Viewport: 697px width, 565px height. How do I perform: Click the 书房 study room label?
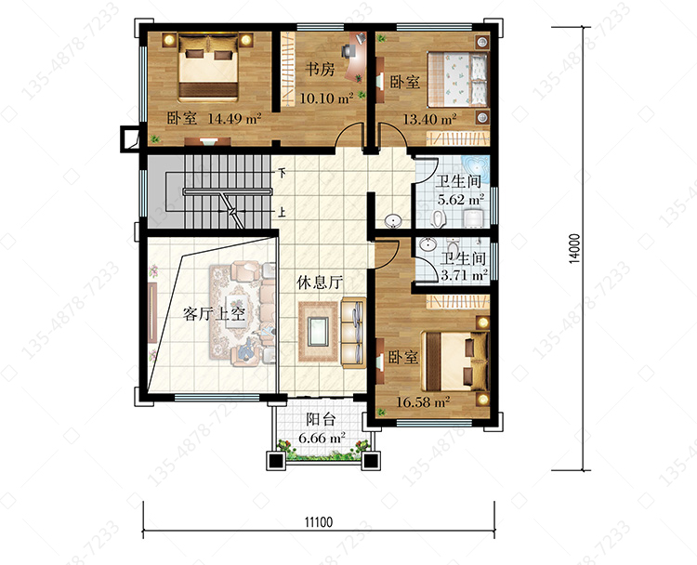pos(320,70)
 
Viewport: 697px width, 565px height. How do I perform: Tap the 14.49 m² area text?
pos(234,118)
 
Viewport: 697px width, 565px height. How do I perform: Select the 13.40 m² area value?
pos(429,119)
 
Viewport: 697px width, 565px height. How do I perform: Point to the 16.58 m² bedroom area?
pos(423,402)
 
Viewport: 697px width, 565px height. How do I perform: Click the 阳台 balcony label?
pos(321,419)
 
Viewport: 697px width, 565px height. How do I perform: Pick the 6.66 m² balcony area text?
pos(322,439)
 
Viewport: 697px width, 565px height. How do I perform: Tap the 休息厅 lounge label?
pos(320,282)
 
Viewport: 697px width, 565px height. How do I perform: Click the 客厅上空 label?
pos(214,314)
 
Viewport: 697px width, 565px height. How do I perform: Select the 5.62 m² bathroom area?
pos(461,200)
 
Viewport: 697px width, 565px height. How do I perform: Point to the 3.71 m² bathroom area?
pos(464,276)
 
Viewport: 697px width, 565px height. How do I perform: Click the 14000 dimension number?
pos(574,248)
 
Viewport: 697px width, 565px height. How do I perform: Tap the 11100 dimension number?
pos(318,521)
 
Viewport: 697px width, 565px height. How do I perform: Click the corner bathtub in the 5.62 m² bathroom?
pos(477,169)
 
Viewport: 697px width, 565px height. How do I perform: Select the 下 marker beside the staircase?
pos(282,173)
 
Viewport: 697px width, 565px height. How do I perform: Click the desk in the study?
pos(359,56)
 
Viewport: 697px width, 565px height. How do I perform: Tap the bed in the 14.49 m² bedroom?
pos(208,68)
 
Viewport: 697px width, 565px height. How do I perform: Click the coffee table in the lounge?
pos(318,331)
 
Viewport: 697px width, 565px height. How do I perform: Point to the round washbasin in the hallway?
pos(393,221)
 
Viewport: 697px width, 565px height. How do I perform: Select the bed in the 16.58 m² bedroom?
pos(454,361)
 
